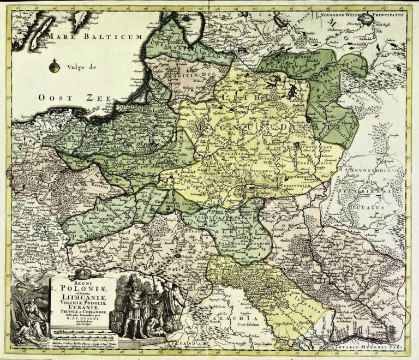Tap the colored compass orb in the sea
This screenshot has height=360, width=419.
54,67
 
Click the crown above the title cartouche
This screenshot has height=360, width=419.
82,272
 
